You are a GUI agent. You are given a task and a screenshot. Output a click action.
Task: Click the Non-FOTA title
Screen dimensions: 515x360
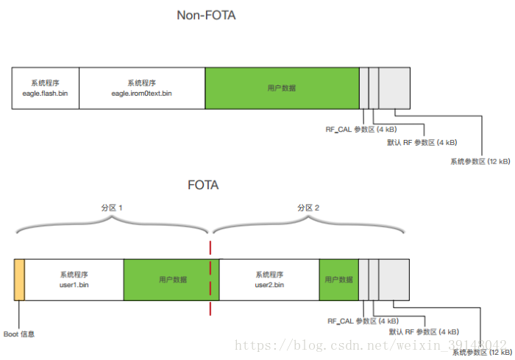point(206,15)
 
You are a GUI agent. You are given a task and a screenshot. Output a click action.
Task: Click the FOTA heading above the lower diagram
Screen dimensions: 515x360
point(203,186)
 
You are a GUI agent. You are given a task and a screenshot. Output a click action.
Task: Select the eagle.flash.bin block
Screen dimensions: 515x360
point(45,88)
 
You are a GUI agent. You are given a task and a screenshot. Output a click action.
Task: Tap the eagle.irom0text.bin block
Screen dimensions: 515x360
point(141,88)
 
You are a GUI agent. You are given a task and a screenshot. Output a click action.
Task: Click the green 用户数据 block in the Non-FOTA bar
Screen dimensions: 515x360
point(281,88)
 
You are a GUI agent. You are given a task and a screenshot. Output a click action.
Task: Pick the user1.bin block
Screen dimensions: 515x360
point(74,280)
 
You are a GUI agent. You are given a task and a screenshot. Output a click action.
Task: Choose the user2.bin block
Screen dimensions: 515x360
point(269,280)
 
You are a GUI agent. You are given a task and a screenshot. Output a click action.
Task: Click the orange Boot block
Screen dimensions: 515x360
point(19,280)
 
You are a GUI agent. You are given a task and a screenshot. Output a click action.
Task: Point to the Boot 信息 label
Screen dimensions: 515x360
point(19,334)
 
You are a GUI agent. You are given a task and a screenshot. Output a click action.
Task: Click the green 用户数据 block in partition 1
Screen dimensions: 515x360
point(167,280)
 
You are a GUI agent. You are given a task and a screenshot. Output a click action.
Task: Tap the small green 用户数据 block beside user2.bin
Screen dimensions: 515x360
point(338,280)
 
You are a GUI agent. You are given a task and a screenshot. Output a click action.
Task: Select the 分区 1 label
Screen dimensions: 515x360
point(112,208)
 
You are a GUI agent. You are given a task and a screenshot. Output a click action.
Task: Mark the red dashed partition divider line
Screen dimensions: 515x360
point(210,280)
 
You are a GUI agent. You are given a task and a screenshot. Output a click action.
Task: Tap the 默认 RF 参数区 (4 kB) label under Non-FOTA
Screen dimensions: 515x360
point(422,143)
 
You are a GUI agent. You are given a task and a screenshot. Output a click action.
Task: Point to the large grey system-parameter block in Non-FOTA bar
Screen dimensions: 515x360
point(394,88)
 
